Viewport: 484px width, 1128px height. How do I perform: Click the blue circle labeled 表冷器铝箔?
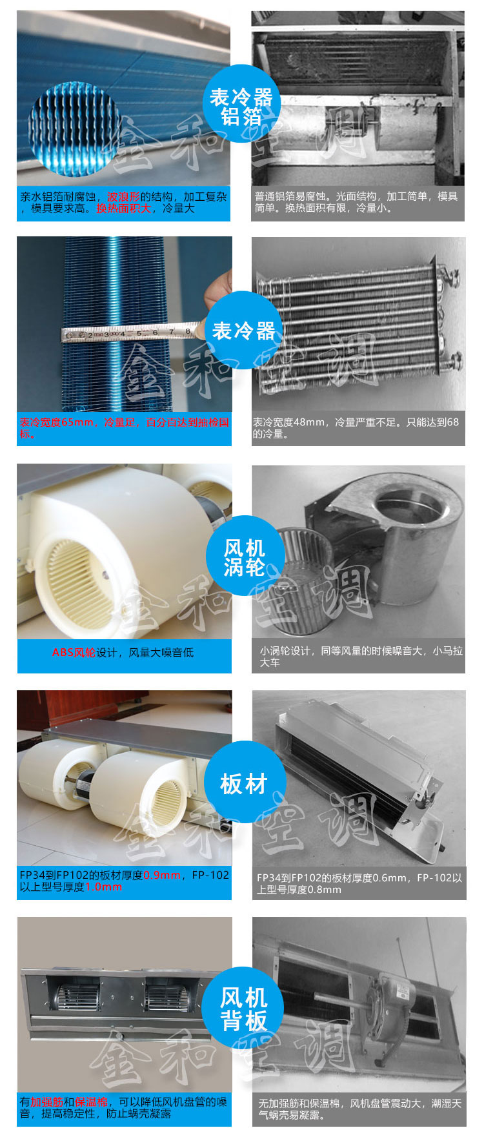(x=242, y=104)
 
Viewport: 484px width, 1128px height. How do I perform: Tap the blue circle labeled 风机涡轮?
(x=245, y=555)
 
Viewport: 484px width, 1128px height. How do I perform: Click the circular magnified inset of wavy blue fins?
(x=72, y=127)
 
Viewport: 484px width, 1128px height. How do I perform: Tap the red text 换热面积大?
(x=124, y=209)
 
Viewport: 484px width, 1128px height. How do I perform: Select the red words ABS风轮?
(x=74, y=652)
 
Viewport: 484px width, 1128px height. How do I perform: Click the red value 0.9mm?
(x=162, y=875)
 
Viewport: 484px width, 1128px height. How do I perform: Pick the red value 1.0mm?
(x=103, y=887)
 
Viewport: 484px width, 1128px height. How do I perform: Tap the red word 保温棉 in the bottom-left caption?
(x=91, y=1102)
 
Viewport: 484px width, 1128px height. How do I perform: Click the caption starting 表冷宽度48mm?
(x=356, y=427)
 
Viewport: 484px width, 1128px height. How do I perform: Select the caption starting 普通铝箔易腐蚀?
(x=356, y=202)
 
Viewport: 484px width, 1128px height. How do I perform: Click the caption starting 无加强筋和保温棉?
(x=360, y=1109)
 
